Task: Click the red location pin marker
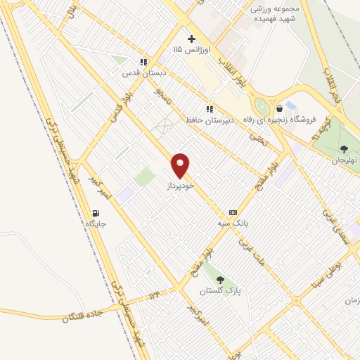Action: (181, 165)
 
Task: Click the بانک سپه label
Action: (233, 223)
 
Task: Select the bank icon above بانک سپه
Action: (233, 212)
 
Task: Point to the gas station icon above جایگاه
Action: (96, 213)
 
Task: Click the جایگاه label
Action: (96, 224)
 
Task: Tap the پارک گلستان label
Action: (215, 290)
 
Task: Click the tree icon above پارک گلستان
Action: (220, 280)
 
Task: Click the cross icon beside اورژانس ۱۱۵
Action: (191, 39)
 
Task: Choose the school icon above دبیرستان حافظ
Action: (209, 109)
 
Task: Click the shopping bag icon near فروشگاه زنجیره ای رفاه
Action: (281, 108)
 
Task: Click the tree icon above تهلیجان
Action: (344, 148)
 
